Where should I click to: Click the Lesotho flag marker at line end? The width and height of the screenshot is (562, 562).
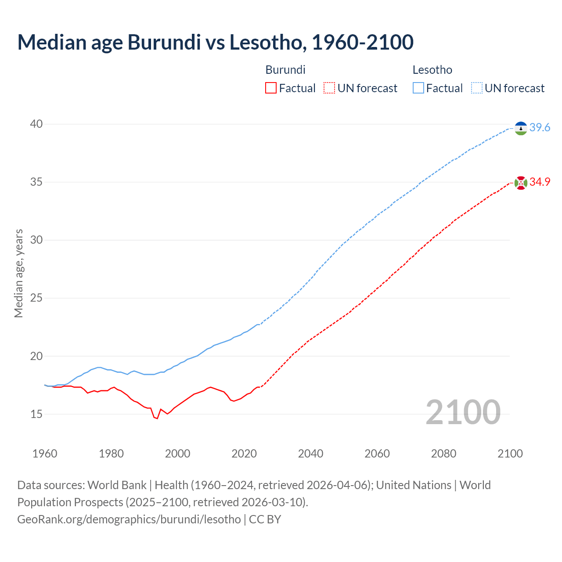click(521, 128)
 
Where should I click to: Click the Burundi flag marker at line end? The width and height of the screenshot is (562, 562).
click(521, 183)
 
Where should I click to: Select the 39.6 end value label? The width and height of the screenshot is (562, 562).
click(540, 128)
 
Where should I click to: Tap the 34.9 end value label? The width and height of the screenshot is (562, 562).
click(540, 182)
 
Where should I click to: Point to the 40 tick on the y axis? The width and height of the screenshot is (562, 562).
click(36, 124)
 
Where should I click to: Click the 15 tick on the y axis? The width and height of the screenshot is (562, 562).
click(36, 414)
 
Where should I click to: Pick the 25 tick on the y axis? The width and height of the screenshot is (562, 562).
click(36, 298)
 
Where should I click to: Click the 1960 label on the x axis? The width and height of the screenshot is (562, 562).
click(45, 454)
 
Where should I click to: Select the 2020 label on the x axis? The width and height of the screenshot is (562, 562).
click(244, 454)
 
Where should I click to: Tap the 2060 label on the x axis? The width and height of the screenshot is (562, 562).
click(377, 454)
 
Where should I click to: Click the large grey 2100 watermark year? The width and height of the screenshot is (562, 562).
click(463, 412)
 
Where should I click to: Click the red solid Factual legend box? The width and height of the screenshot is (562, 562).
click(271, 88)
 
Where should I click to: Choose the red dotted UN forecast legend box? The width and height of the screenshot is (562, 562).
click(329, 88)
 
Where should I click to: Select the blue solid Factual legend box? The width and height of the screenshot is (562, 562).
click(418, 88)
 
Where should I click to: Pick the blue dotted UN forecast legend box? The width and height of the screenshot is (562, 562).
click(477, 88)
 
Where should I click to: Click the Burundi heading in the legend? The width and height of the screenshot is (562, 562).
click(285, 70)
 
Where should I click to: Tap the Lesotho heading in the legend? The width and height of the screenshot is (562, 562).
click(432, 70)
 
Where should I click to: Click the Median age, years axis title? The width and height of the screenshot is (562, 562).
click(18, 273)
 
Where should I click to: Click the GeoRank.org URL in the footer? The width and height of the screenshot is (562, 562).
click(129, 519)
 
